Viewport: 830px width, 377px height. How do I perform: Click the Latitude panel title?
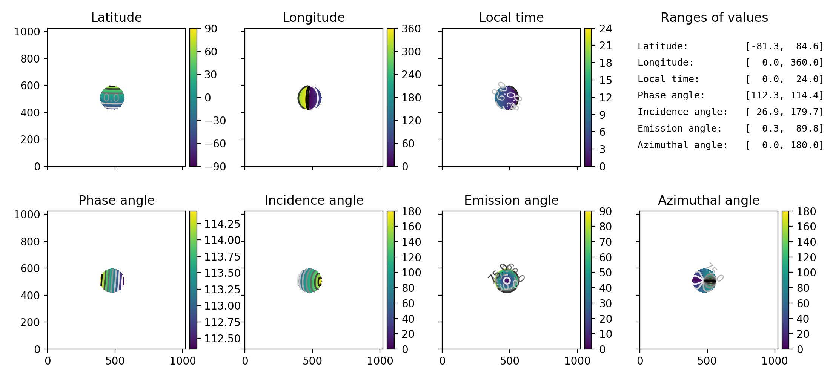coord(116,17)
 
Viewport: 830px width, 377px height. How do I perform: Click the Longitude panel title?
coord(314,17)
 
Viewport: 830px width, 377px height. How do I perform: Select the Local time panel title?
coord(511,17)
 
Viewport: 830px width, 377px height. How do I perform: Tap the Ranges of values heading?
coord(714,17)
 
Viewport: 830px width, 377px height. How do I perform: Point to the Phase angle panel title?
coord(116,200)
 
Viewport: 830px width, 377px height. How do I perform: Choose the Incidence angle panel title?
coord(314,200)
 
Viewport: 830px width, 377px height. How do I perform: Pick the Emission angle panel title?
coord(511,200)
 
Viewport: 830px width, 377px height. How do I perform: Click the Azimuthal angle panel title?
coord(709,200)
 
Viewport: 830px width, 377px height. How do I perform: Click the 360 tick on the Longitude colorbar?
coord(411,29)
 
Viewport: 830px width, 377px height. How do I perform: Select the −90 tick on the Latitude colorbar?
coord(215,166)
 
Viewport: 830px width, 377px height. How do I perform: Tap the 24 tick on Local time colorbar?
coord(606,29)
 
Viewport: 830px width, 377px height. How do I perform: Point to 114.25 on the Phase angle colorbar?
coord(222,224)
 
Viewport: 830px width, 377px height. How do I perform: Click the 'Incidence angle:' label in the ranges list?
coord(682,112)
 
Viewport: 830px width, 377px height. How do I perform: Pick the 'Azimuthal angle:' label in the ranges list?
coord(682,145)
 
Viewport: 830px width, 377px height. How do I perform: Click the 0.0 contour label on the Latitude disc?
coord(111,98)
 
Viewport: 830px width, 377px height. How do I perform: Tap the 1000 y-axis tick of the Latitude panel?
coord(27,32)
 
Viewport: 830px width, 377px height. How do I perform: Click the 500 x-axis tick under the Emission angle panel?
coord(510,361)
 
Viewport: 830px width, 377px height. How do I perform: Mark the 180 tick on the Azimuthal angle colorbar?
coord(806,211)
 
